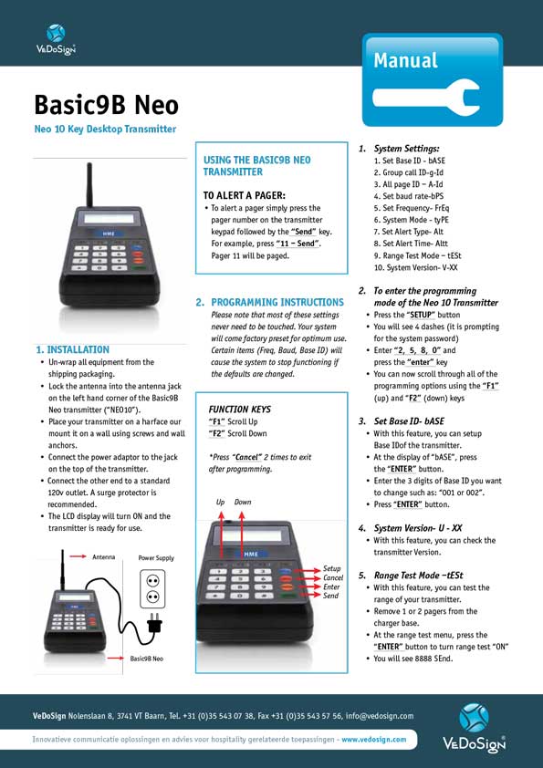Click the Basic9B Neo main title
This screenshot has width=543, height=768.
click(x=106, y=103)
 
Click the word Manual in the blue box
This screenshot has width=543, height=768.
click(x=405, y=61)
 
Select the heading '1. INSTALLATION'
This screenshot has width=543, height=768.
click(x=72, y=349)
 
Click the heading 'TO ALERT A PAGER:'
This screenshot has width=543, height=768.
click(x=244, y=194)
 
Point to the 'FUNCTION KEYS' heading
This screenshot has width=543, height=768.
click(x=239, y=410)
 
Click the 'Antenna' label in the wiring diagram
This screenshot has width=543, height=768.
click(x=103, y=555)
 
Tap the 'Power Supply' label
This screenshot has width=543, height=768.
click(x=155, y=557)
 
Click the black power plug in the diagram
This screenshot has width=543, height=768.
click(x=154, y=627)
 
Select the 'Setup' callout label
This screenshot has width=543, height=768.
click(x=332, y=568)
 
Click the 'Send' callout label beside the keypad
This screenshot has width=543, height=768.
click(x=331, y=596)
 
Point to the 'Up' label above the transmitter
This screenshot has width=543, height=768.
click(x=220, y=502)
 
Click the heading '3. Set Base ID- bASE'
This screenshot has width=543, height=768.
click(x=409, y=421)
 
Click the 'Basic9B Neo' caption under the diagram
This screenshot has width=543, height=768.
click(x=147, y=658)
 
